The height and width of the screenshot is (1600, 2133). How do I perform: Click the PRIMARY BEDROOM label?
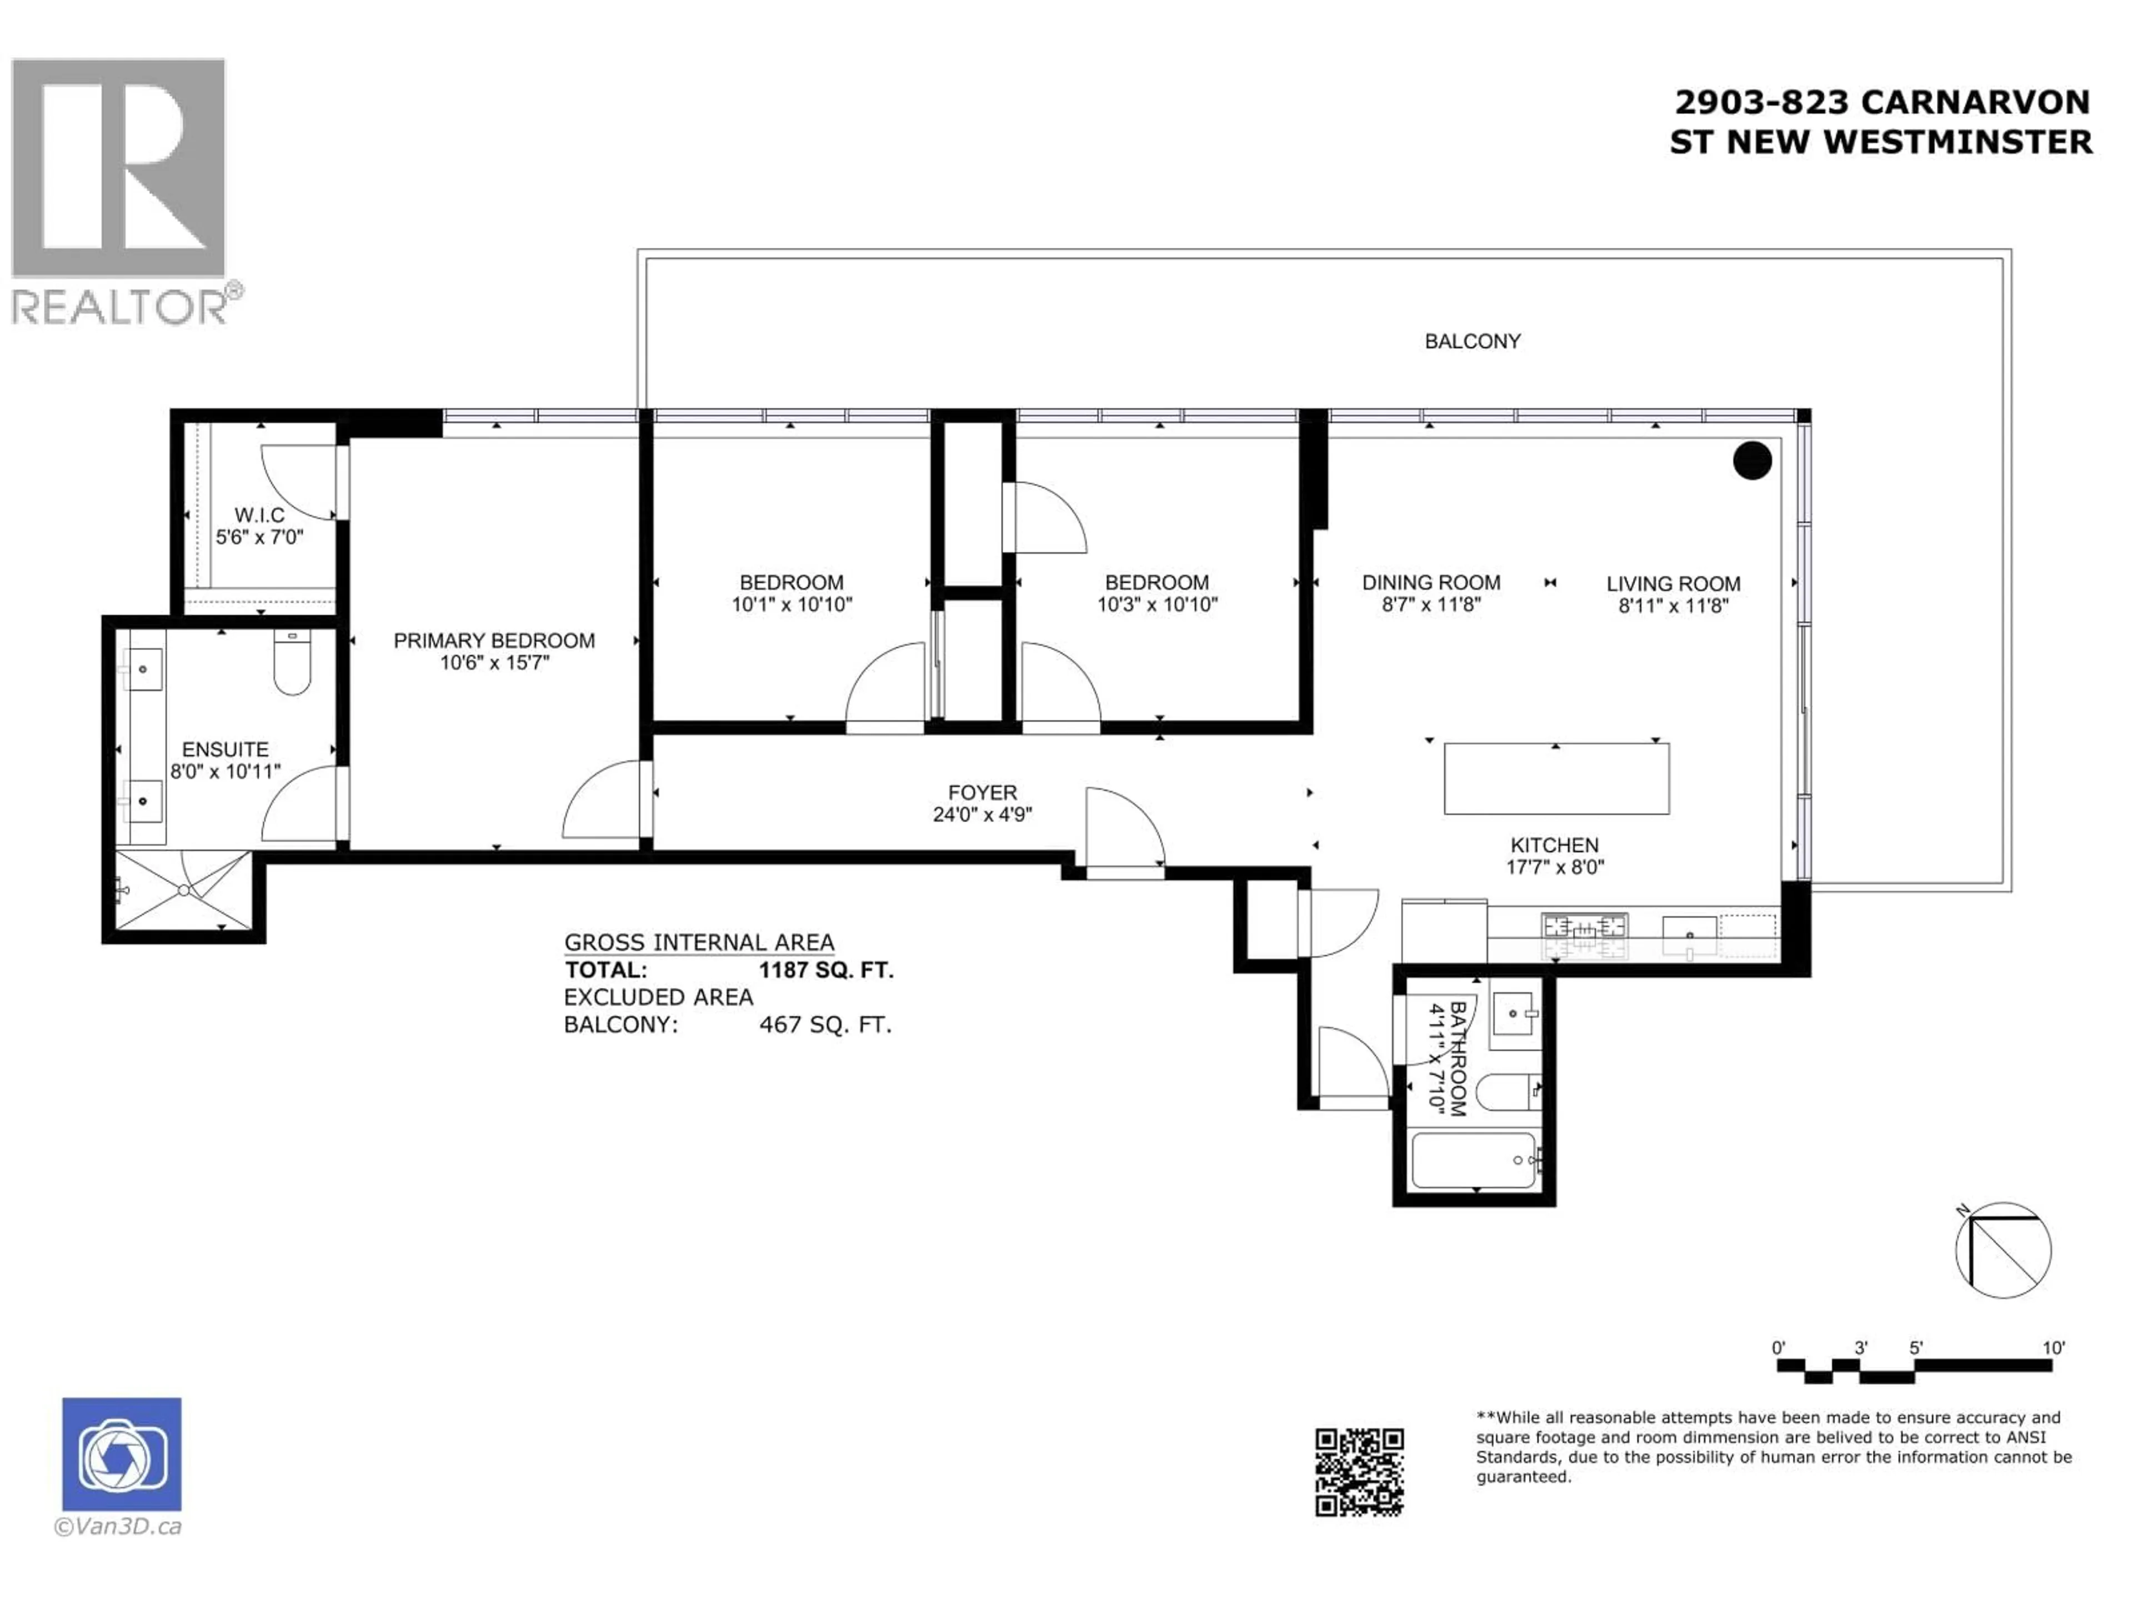click(494, 641)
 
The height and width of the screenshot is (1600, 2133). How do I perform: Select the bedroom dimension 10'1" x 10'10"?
click(791, 604)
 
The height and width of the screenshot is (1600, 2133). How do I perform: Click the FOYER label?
click(982, 793)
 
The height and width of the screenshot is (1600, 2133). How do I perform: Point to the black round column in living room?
click(1751, 460)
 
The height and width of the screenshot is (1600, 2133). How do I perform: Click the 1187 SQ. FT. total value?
click(825, 970)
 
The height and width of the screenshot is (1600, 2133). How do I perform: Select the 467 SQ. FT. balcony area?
click(825, 1024)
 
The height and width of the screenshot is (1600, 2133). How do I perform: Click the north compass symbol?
click(2003, 1250)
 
